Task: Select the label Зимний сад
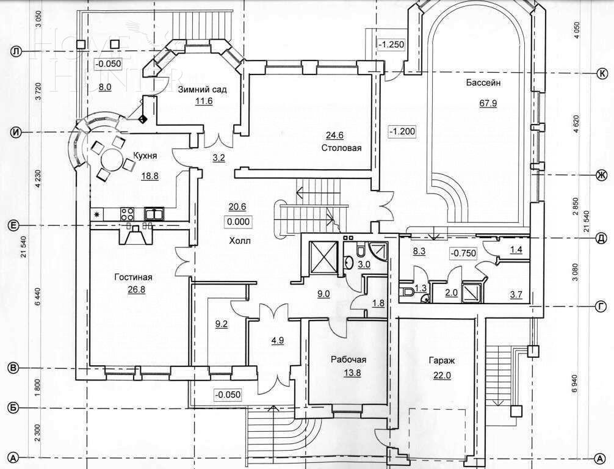click(203, 90)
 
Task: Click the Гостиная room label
click(133, 277)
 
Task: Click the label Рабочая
click(348, 360)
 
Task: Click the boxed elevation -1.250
click(391, 44)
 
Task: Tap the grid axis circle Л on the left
click(16, 53)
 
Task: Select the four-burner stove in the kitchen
click(128, 214)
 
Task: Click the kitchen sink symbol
click(153, 214)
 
